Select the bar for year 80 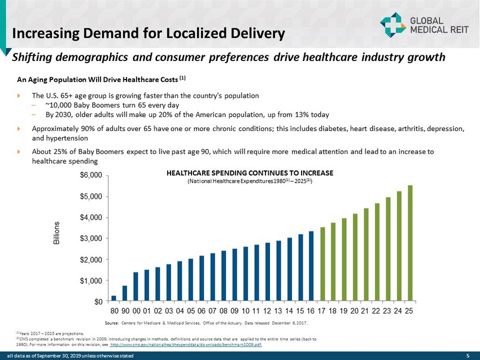(x=114, y=297)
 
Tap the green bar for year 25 (x=410, y=243)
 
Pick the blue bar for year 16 (x=311, y=266)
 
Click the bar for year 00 (x=136, y=286)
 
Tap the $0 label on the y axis (x=97, y=301)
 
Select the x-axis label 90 (x=125, y=311)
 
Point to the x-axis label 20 (x=355, y=311)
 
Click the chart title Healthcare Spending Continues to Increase (x=250, y=173)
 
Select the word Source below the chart (x=111, y=323)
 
